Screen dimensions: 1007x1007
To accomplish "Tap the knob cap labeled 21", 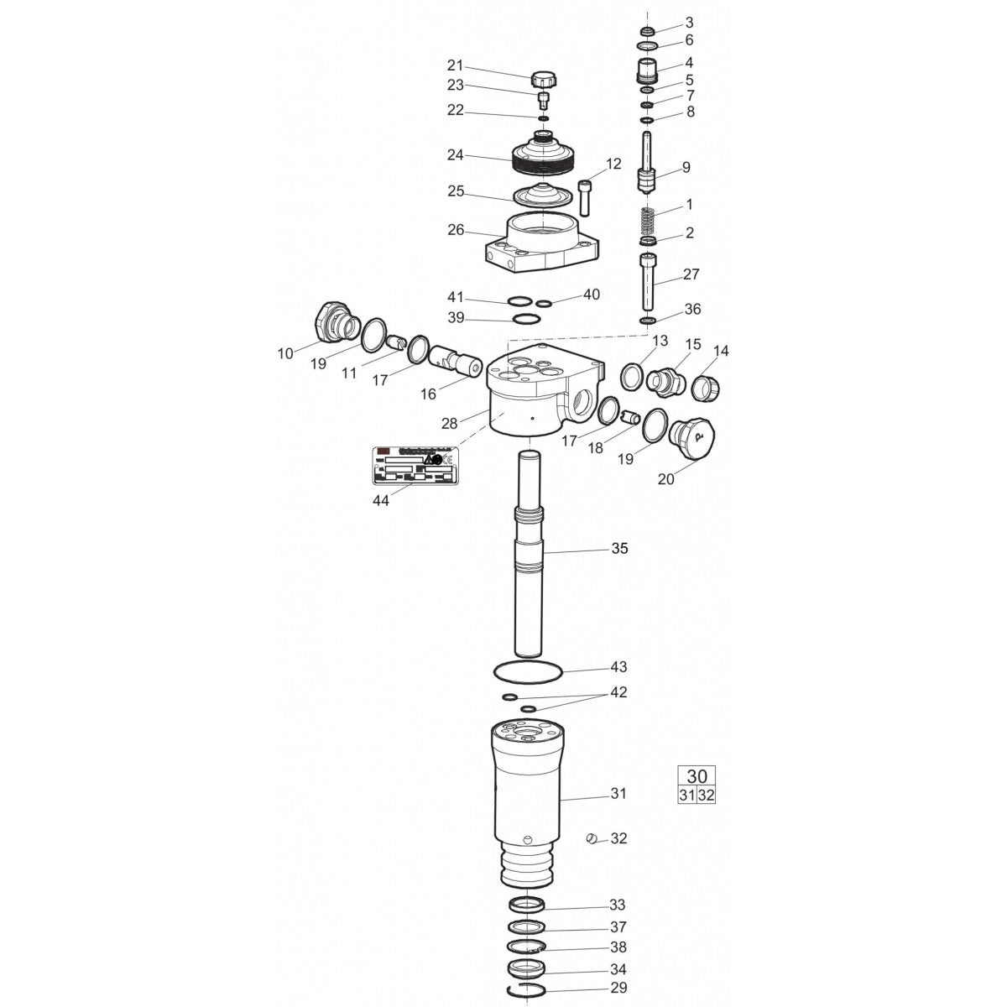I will [544, 80].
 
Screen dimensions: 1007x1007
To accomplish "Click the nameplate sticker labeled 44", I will [417, 465].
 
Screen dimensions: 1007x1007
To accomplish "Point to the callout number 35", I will [619, 549].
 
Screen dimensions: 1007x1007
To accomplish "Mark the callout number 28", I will [450, 423].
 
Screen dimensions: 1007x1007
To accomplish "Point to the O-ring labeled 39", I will [526, 320].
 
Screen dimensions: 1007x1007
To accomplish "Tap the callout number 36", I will [692, 309].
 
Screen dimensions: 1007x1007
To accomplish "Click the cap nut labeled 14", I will [706, 384].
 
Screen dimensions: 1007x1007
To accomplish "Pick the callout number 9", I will [686, 168].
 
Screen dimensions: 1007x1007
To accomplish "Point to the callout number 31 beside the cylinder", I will [618, 793].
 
